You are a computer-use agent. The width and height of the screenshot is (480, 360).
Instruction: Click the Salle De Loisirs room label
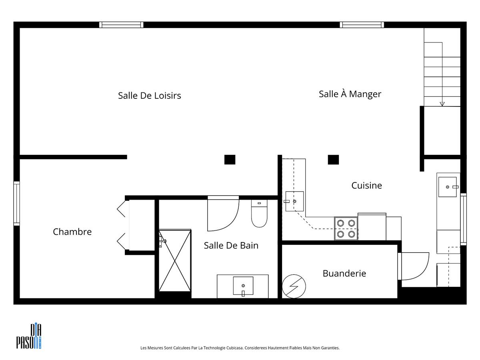point(149,96)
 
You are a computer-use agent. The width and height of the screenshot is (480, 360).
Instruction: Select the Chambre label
point(72,232)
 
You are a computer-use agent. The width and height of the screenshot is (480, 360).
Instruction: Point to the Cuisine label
point(366,185)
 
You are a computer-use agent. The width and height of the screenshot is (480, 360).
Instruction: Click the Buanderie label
point(344,273)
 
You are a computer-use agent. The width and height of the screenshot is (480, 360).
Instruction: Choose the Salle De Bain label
point(231,246)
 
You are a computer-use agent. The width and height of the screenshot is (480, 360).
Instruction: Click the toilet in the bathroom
point(259,213)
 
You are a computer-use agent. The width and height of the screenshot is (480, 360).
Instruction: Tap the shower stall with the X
point(175,260)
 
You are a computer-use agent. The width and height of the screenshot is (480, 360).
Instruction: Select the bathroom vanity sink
point(243,286)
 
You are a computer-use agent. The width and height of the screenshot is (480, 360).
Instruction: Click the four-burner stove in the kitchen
point(346,228)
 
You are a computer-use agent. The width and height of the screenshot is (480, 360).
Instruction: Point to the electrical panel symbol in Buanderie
point(294,286)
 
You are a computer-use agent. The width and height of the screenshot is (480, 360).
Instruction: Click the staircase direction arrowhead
point(442,104)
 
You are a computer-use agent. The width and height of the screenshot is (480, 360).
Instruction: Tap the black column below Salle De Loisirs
point(230,160)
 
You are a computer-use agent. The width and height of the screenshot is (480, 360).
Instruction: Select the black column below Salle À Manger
point(333,160)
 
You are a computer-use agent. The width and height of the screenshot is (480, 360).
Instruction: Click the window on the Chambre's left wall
point(17,203)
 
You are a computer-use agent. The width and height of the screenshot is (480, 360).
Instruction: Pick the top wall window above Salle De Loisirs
point(121,25)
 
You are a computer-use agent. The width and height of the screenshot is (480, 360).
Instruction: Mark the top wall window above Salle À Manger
point(362,25)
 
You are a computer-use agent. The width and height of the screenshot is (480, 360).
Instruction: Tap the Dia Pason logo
point(29,336)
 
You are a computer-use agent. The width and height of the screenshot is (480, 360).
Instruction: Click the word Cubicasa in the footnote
point(235,348)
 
